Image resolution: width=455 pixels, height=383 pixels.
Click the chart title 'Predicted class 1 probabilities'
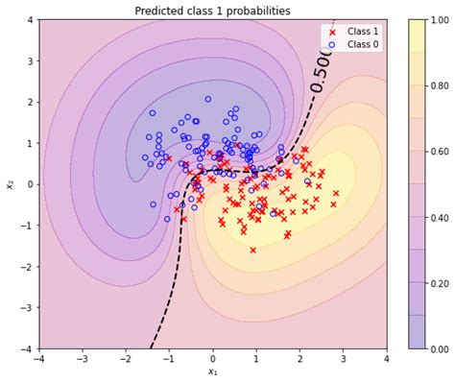click(x=212, y=11)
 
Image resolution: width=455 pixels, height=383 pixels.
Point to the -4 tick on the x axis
click(x=39, y=359)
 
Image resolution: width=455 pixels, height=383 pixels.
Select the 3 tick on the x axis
click(x=343, y=359)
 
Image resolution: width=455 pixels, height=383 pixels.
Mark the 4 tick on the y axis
click(x=30, y=19)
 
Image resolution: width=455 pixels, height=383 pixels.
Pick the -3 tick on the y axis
click(x=28, y=308)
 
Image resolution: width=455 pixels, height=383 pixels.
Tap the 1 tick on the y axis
click(x=30, y=143)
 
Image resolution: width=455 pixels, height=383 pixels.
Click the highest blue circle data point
click(x=207, y=99)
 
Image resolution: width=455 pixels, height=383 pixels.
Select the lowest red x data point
click(x=253, y=250)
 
